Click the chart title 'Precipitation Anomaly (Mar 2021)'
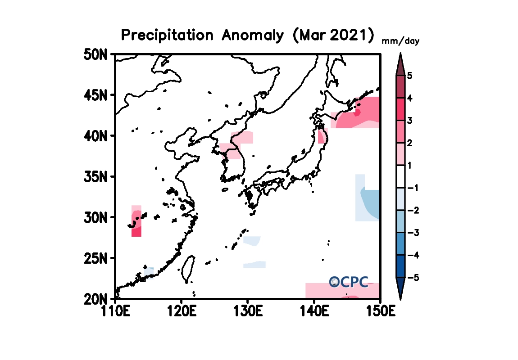tap(248, 35)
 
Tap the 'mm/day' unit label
tap(400, 41)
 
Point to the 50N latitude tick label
tap(95, 54)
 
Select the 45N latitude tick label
tap(95, 95)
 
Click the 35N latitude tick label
tap(95, 176)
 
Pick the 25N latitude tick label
tap(95, 258)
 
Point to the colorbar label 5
tap(409, 76)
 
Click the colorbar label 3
tap(409, 121)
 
